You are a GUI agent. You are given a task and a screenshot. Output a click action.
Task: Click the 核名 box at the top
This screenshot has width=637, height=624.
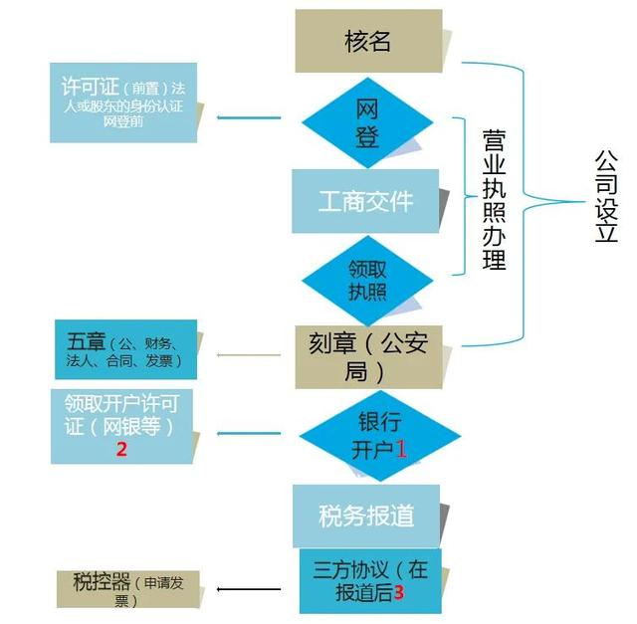(368, 41)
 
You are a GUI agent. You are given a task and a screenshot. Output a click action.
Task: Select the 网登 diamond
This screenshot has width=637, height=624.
(367, 122)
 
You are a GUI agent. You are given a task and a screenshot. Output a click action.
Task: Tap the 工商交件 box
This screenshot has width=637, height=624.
(365, 201)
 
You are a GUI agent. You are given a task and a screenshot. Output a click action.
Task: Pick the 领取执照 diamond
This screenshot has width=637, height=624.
(367, 281)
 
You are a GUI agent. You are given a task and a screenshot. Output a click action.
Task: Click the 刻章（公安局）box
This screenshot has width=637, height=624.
(368, 357)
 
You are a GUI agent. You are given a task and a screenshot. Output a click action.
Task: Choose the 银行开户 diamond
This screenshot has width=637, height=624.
(380, 436)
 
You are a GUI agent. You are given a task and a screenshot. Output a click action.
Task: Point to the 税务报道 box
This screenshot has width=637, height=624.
(366, 516)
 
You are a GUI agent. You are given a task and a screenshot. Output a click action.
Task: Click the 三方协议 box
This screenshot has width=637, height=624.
(370, 581)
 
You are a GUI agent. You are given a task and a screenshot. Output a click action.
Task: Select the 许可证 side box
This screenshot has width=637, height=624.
(123, 103)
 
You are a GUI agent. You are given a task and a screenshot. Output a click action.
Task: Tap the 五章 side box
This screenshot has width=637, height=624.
(126, 349)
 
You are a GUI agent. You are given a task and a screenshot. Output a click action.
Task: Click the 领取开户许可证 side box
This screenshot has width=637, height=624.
(121, 427)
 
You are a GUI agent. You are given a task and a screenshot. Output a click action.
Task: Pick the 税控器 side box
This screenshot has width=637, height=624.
(128, 589)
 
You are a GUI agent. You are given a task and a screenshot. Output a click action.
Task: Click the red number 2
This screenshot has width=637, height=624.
(121, 449)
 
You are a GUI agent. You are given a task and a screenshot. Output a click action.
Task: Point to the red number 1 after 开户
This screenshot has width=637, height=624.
(401, 449)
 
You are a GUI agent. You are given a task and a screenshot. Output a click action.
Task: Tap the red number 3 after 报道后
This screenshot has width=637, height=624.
(399, 593)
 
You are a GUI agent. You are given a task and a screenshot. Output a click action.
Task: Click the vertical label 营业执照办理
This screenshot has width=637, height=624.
(494, 200)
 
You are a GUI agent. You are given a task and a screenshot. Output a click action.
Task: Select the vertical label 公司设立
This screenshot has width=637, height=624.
(606, 196)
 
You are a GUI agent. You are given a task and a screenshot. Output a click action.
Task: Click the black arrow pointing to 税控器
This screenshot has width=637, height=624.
(249, 589)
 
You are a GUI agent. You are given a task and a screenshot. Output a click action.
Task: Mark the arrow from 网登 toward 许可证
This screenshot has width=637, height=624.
(249, 117)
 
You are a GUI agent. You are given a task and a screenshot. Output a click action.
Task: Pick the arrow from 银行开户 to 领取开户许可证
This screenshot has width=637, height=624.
(249, 434)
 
